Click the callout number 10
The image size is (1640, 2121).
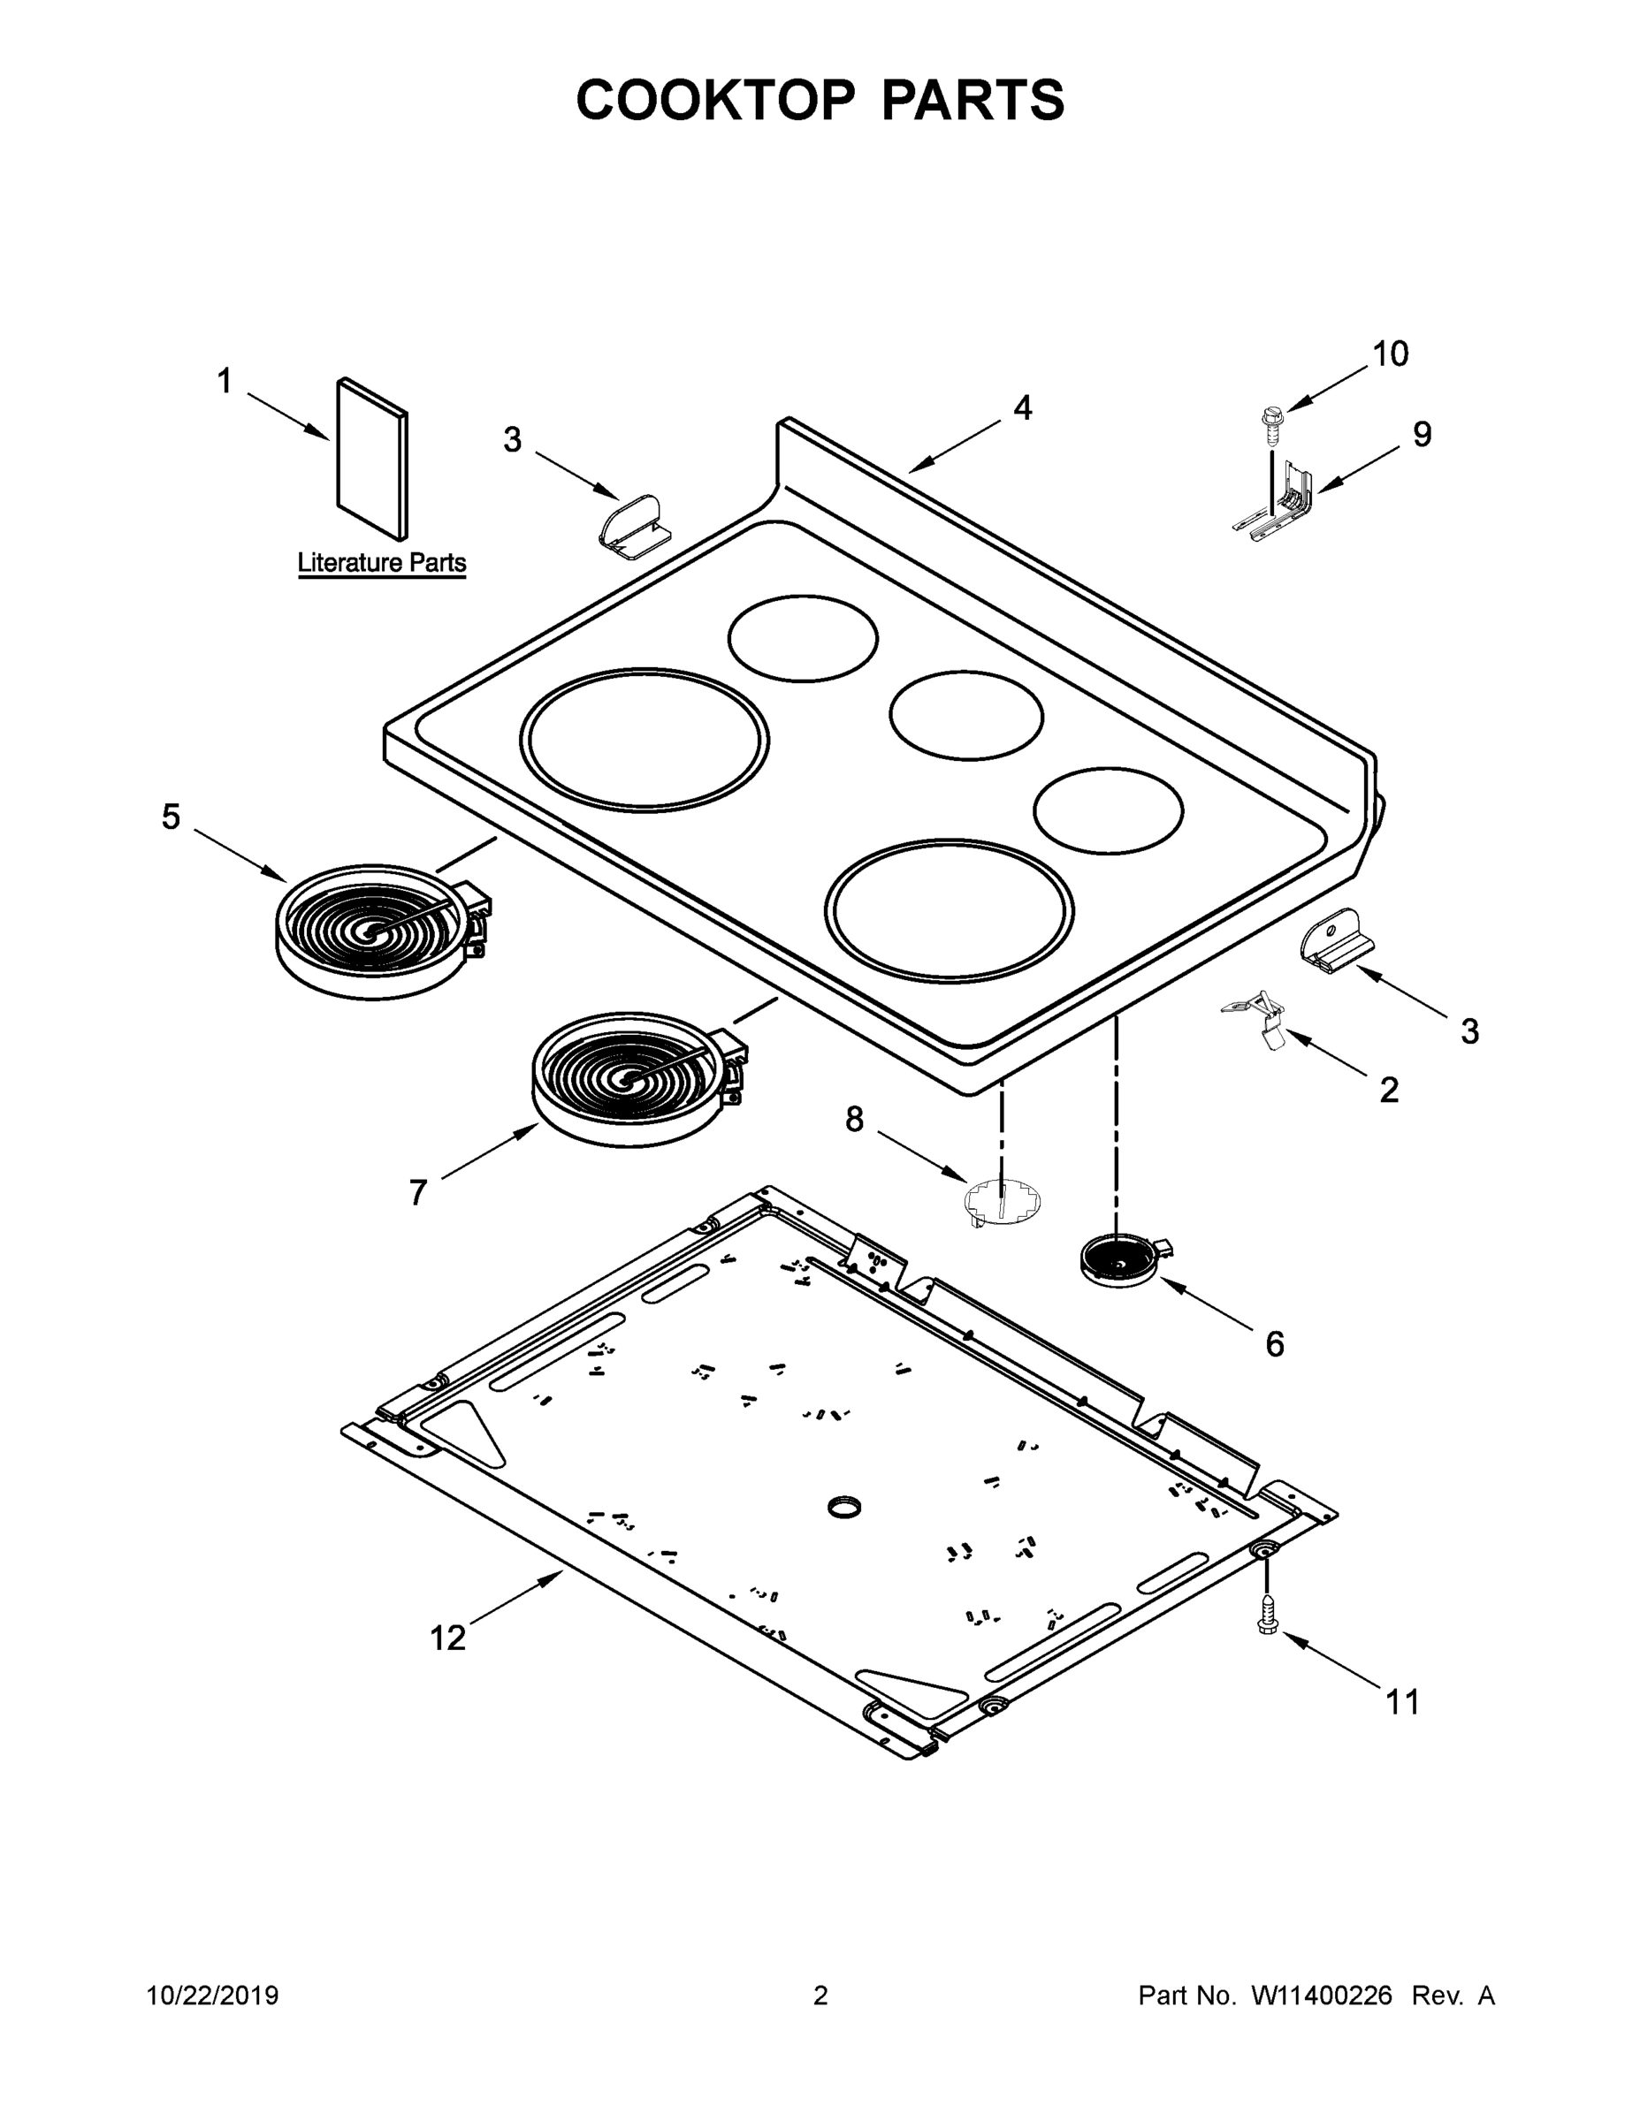coord(1389,354)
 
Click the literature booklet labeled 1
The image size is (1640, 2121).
coord(372,459)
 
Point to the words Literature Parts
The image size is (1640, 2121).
coord(381,562)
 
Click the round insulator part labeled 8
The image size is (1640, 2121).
coord(1002,1199)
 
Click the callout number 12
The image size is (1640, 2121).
coord(448,1638)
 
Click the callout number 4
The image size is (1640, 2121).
coord(1022,408)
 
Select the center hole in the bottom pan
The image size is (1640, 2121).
coord(844,1507)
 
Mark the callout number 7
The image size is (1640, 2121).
coord(418,1191)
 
